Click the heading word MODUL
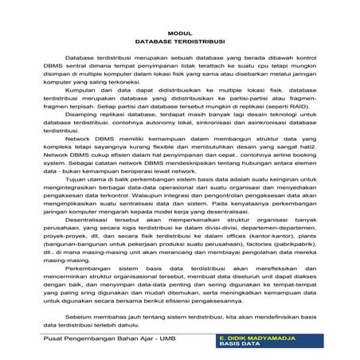pyautogui.click(x=181, y=32)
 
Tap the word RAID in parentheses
pyautogui.click(x=277, y=108)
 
